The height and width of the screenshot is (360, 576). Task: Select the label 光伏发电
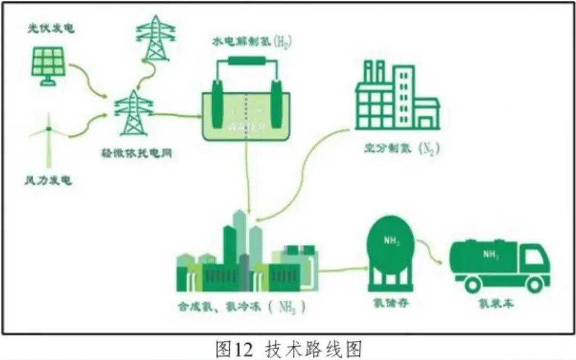pos(51,28)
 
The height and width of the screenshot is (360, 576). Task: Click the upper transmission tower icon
pos(155,38)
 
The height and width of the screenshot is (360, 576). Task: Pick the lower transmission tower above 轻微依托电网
pos(133,113)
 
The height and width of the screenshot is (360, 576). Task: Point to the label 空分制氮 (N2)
pos(402,149)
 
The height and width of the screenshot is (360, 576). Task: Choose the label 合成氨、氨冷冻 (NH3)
pos(243,308)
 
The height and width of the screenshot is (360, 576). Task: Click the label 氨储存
pos(391,303)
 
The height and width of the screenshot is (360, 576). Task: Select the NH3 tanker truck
pos(499,265)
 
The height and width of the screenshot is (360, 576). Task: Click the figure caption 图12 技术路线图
pos(289,349)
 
